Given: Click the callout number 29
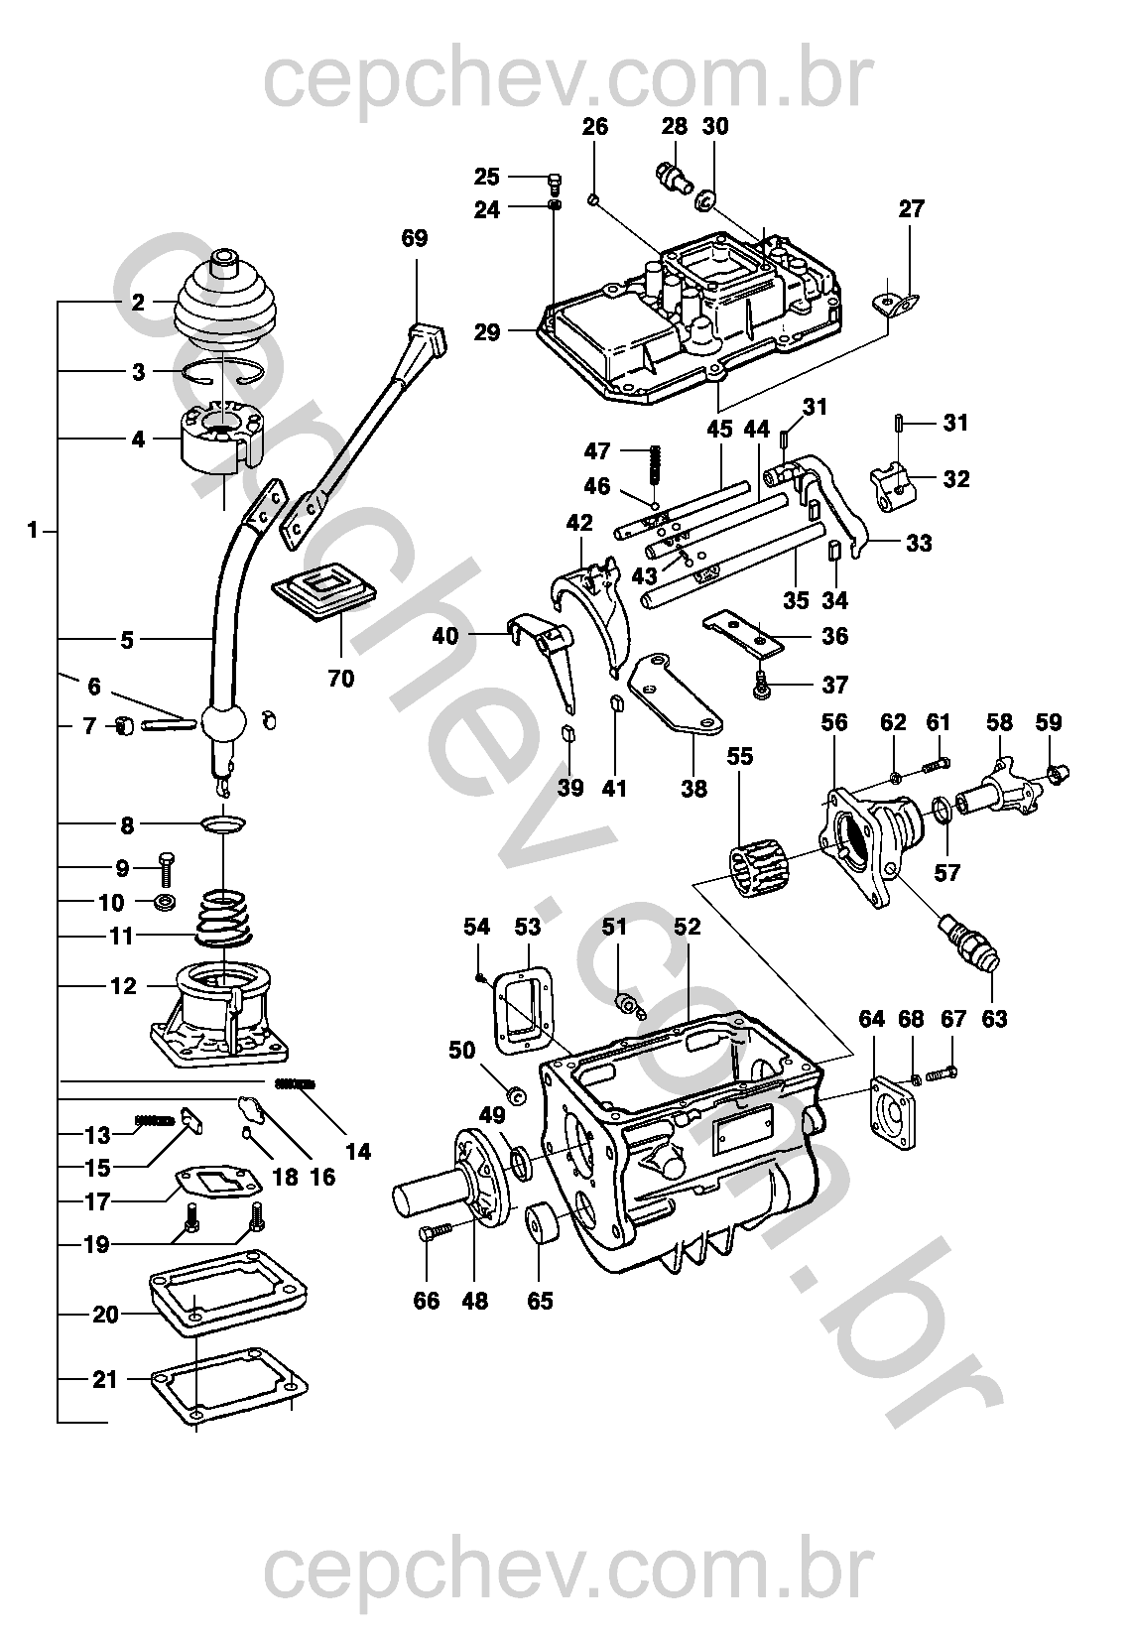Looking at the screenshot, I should [487, 332].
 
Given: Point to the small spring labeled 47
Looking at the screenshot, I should [655, 463].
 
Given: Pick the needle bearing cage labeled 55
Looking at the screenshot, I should [758, 866].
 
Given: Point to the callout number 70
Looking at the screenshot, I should [341, 680].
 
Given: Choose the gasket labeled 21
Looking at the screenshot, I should [228, 1382].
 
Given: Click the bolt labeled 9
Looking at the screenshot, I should [166, 870].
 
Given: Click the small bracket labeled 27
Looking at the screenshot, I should [897, 302].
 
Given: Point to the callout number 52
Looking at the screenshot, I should [687, 927].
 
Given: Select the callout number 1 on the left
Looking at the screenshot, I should [34, 531].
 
